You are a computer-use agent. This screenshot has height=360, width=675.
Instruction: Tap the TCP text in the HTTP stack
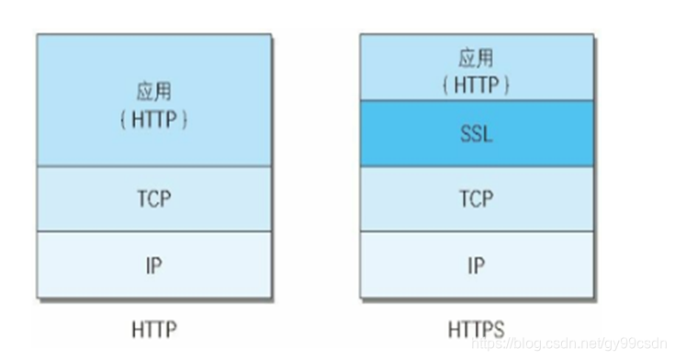[x=153, y=198]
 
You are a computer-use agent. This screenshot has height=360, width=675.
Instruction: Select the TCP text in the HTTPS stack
[x=476, y=198]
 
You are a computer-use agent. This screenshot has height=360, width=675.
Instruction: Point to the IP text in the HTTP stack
[x=153, y=266]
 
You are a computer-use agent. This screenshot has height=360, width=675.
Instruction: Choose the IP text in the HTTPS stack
[x=476, y=266]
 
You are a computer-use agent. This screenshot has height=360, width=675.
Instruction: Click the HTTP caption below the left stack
[x=153, y=328]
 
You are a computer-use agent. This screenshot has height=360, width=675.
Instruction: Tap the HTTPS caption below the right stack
[x=476, y=328]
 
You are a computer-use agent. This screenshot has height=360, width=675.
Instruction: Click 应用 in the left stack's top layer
[x=153, y=92]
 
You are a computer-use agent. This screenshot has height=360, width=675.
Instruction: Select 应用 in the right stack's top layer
[x=476, y=59]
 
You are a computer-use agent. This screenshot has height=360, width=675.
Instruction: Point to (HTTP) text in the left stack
[x=153, y=120]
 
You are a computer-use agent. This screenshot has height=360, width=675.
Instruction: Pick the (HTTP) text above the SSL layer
[x=476, y=84]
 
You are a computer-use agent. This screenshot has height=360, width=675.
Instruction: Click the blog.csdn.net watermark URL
[x=569, y=343]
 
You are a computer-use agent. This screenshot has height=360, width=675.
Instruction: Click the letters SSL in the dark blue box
[x=476, y=134]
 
